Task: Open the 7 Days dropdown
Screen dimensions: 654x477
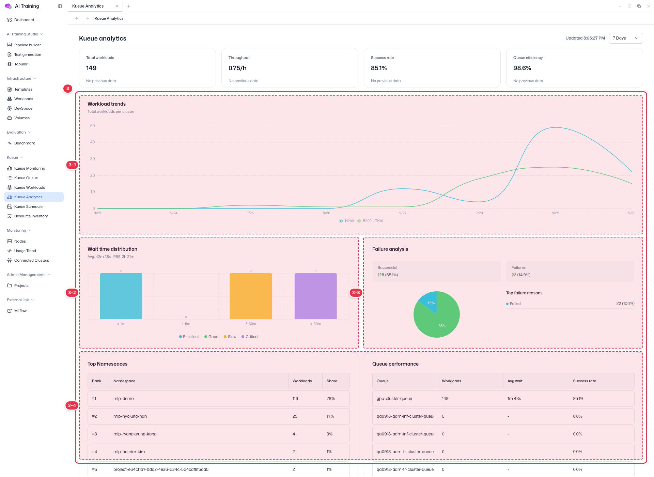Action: pyautogui.click(x=626, y=38)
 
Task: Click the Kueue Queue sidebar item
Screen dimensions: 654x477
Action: pyautogui.click(x=26, y=178)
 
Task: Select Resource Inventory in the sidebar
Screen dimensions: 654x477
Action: pyautogui.click(x=31, y=216)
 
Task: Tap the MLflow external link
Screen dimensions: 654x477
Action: pyautogui.click(x=20, y=311)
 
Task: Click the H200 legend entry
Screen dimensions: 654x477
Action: pyautogui.click(x=346, y=221)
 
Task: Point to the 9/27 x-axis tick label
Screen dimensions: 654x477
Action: pyautogui.click(x=403, y=213)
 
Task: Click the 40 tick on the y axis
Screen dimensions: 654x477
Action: pyautogui.click(x=92, y=142)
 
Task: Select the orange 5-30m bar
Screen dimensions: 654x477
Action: pyautogui.click(x=251, y=296)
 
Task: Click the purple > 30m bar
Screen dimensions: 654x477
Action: pyautogui.click(x=315, y=296)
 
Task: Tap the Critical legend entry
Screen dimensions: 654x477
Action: pyautogui.click(x=250, y=337)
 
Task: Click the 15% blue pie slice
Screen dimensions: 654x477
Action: pyautogui.click(x=430, y=302)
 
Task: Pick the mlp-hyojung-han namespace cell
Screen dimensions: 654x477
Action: pyautogui.click(x=130, y=416)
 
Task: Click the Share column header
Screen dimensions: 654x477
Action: pyautogui.click(x=332, y=381)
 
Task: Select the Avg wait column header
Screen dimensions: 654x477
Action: pyautogui.click(x=515, y=381)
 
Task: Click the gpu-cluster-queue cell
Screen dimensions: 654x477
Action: pyautogui.click(x=394, y=399)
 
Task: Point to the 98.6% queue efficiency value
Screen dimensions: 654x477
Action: pyautogui.click(x=522, y=68)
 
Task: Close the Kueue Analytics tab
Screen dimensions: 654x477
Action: pyautogui.click(x=117, y=6)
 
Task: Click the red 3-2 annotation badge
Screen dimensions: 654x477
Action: pyautogui.click(x=72, y=293)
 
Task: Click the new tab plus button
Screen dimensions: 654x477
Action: pyautogui.click(x=129, y=6)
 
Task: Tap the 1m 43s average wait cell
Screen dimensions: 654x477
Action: pyautogui.click(x=514, y=399)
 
